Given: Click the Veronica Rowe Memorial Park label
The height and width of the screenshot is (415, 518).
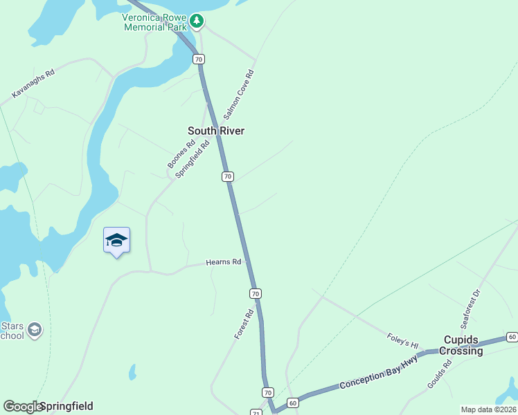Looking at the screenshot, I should pyautogui.click(x=155, y=22).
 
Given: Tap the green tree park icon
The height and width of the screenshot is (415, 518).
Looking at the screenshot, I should pyautogui.click(x=197, y=21).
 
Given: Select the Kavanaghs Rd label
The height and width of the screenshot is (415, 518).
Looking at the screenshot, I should pyautogui.click(x=33, y=84).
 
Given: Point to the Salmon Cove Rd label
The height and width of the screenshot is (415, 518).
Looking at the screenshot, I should pyautogui.click(x=239, y=95).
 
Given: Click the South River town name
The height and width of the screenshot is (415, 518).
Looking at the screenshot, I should pyautogui.click(x=216, y=131).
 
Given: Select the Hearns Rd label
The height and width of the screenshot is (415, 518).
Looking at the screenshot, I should pyautogui.click(x=223, y=262).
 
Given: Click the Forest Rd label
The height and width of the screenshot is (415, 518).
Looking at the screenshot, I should pyautogui.click(x=244, y=324).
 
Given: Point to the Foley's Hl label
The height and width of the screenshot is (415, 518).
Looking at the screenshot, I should pyautogui.click(x=403, y=341).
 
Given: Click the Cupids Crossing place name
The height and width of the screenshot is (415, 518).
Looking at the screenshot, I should pyautogui.click(x=463, y=346).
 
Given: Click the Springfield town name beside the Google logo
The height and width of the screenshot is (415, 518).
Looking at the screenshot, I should pyautogui.click(x=66, y=406).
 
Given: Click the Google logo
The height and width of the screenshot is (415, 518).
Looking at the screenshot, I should pyautogui.click(x=23, y=407).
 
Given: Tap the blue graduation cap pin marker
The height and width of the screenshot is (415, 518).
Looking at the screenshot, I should pyautogui.click(x=116, y=241).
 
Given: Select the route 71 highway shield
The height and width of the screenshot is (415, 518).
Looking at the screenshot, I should pyautogui.click(x=256, y=413).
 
